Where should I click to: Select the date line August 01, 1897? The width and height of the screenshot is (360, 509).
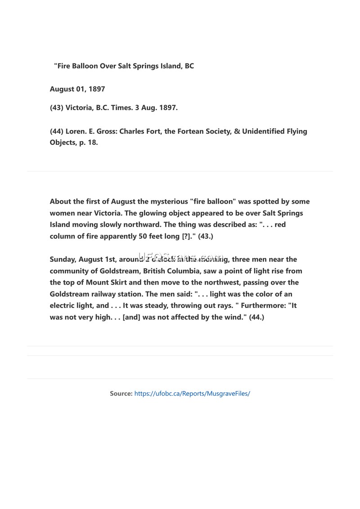[77, 89]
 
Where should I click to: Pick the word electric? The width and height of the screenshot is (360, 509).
[63, 306]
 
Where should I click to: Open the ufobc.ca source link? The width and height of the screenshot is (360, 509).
[192, 393]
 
